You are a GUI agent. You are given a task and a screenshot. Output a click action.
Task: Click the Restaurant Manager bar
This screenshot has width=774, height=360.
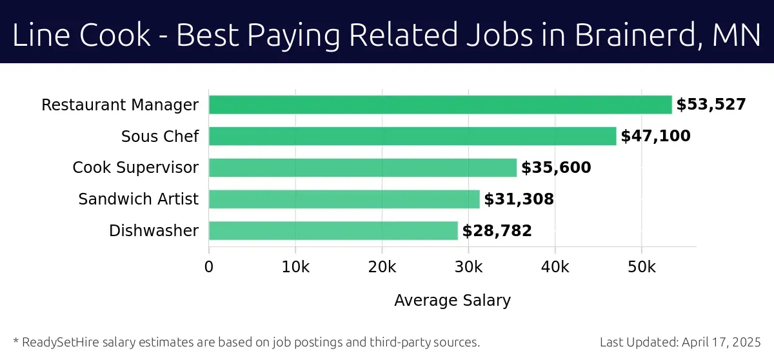pos(440,105)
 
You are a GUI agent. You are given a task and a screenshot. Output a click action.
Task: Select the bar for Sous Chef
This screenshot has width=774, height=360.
pos(412,136)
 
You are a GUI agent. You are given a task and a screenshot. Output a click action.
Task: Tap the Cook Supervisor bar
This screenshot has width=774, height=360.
pos(362,168)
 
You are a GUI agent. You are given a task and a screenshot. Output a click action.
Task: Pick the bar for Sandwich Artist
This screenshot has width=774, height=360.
pos(344,199)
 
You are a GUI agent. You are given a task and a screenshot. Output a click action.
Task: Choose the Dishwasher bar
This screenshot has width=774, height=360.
pos(333,231)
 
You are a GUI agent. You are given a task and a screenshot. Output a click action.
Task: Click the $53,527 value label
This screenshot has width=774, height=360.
pos(711,105)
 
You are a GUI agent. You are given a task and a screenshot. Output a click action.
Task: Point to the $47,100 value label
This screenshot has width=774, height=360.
pos(655,136)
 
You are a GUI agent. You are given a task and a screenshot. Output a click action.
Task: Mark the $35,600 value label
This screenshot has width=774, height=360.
pos(556,168)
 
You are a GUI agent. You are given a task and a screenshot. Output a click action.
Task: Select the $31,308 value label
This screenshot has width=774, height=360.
pos(519,199)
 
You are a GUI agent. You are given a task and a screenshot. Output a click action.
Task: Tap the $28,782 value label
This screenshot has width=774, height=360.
pos(497,231)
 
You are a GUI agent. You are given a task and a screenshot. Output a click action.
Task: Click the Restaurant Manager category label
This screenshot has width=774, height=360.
pos(120,105)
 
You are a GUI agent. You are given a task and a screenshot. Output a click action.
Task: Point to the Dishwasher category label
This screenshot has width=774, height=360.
pos(154,231)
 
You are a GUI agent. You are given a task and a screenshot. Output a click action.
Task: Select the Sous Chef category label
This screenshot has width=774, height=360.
pos(160,136)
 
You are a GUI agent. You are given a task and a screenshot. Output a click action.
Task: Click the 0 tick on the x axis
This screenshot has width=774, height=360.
pos(209,267)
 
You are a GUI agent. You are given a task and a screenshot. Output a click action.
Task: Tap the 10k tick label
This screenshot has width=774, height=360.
pos(295,267)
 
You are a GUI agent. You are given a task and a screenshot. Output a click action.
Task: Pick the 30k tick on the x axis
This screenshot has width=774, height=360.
pos(468,267)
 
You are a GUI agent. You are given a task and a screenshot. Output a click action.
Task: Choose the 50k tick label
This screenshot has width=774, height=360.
pos(641,267)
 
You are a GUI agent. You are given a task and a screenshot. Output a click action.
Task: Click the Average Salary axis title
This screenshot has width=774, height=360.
pos(452,301)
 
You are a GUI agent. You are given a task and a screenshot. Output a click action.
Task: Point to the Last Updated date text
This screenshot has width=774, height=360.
pos(680,342)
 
